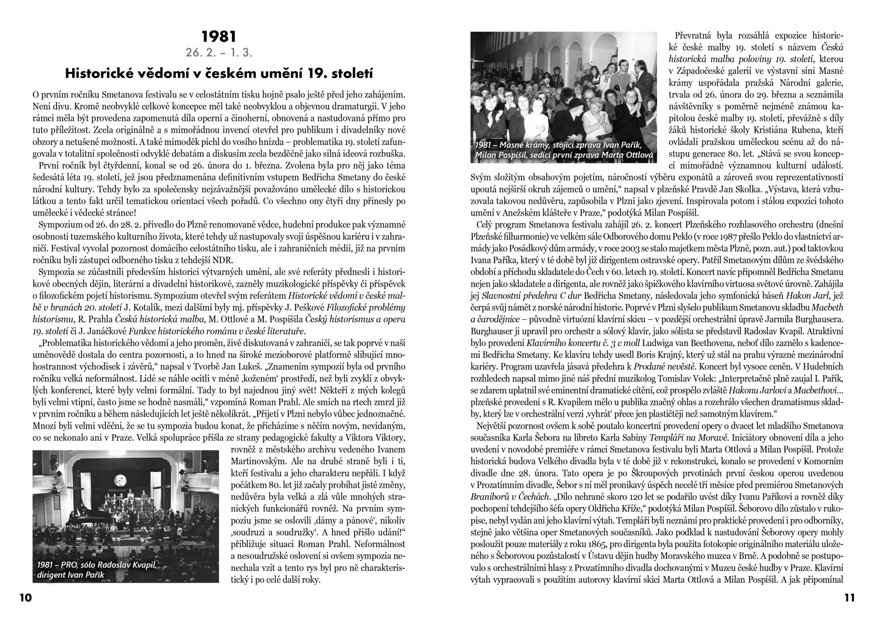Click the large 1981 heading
219,36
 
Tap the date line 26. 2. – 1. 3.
219,52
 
